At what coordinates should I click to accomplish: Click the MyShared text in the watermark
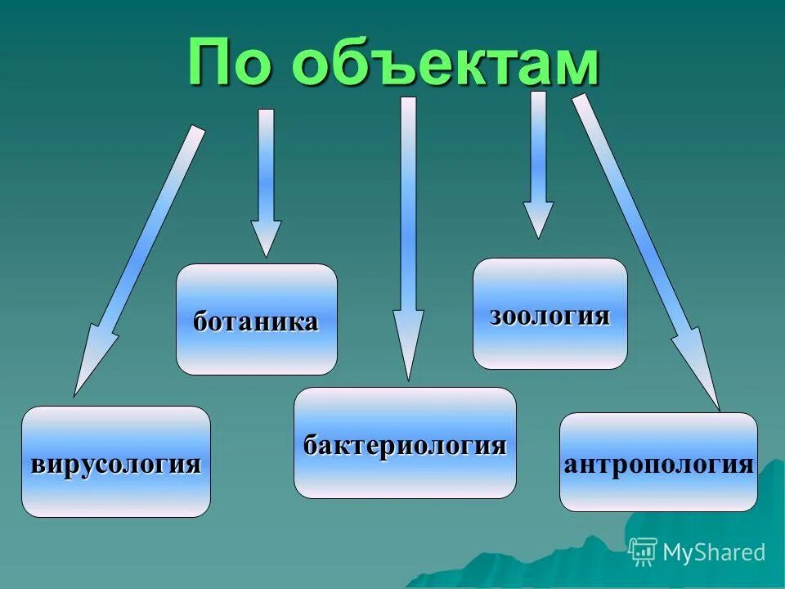pyautogui.click(x=714, y=553)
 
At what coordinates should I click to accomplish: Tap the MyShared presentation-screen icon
pyautogui.click(x=643, y=552)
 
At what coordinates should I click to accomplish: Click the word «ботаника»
pyautogui.click(x=256, y=321)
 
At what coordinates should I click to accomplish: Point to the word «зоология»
pyautogui.click(x=549, y=316)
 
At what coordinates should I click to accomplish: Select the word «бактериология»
pyautogui.click(x=405, y=446)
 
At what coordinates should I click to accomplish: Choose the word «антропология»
pyautogui.click(x=658, y=464)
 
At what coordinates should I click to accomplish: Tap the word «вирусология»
pyautogui.click(x=115, y=464)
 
